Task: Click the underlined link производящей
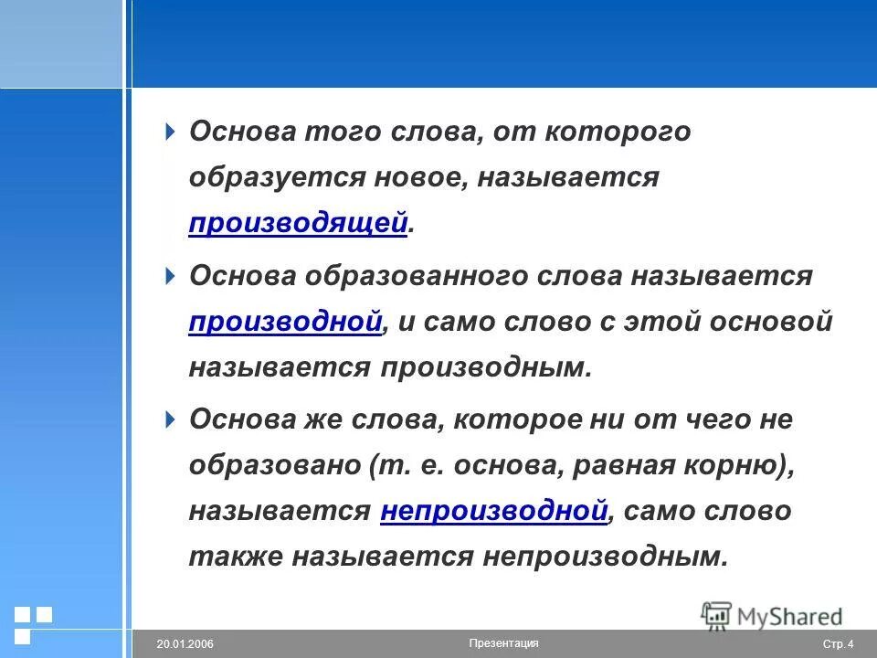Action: click(298, 224)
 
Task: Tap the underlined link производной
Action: click(285, 322)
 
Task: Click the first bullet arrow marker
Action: click(169, 132)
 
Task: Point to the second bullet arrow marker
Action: click(169, 275)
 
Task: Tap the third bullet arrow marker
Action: click(169, 419)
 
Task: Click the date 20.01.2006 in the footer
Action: click(185, 644)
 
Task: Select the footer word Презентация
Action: click(503, 643)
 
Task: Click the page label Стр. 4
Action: click(839, 644)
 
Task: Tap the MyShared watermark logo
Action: click(772, 615)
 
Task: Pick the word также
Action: click(236, 557)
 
